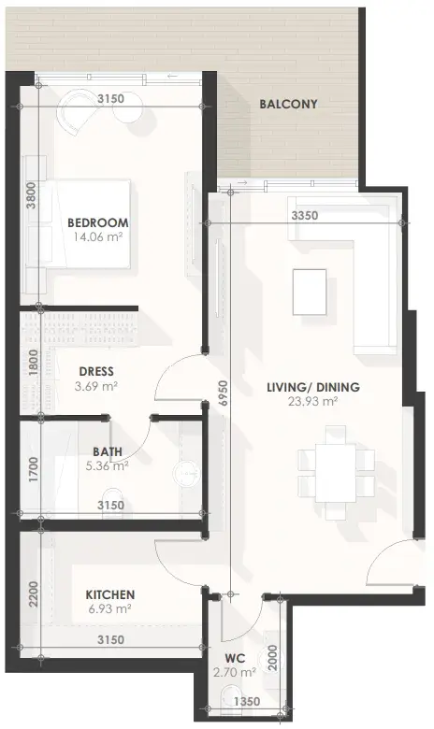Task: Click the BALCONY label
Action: click(x=288, y=104)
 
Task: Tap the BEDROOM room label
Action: click(x=97, y=222)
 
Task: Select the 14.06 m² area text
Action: click(x=97, y=237)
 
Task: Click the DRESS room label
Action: click(x=96, y=371)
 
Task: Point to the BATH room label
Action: click(x=108, y=451)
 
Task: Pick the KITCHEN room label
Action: click(x=110, y=594)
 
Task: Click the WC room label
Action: click(x=235, y=658)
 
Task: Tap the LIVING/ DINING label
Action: click(x=313, y=387)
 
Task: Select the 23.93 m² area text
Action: click(x=313, y=401)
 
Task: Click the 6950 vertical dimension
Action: click(x=224, y=394)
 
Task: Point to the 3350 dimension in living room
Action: click(x=305, y=215)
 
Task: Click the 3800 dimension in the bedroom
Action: click(x=31, y=194)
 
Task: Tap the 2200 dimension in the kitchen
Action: click(x=33, y=594)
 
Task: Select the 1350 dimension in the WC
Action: click(x=247, y=701)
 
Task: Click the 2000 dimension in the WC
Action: click(x=273, y=657)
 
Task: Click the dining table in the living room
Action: click(x=336, y=472)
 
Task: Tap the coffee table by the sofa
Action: click(x=310, y=292)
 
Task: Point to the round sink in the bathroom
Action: click(x=185, y=474)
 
